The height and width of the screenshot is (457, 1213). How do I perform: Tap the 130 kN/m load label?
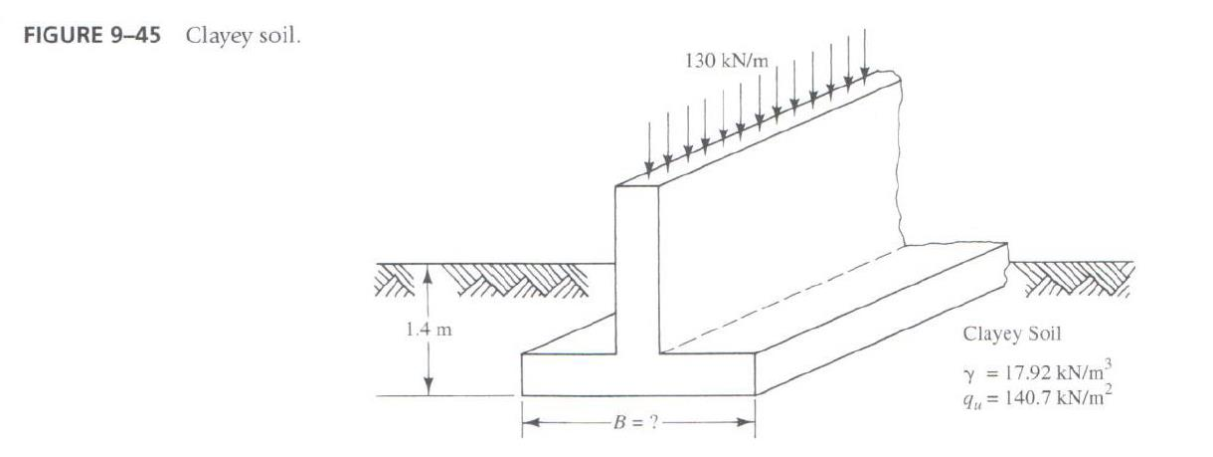coord(727,62)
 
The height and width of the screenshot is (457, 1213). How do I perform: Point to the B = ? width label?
coord(636,422)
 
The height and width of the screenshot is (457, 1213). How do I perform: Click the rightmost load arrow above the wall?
coord(866,55)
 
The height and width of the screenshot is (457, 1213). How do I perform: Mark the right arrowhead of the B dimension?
coord(747,422)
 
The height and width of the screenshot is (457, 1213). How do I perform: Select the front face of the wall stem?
coord(636,269)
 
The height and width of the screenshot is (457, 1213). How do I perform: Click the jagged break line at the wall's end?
coord(903,159)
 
